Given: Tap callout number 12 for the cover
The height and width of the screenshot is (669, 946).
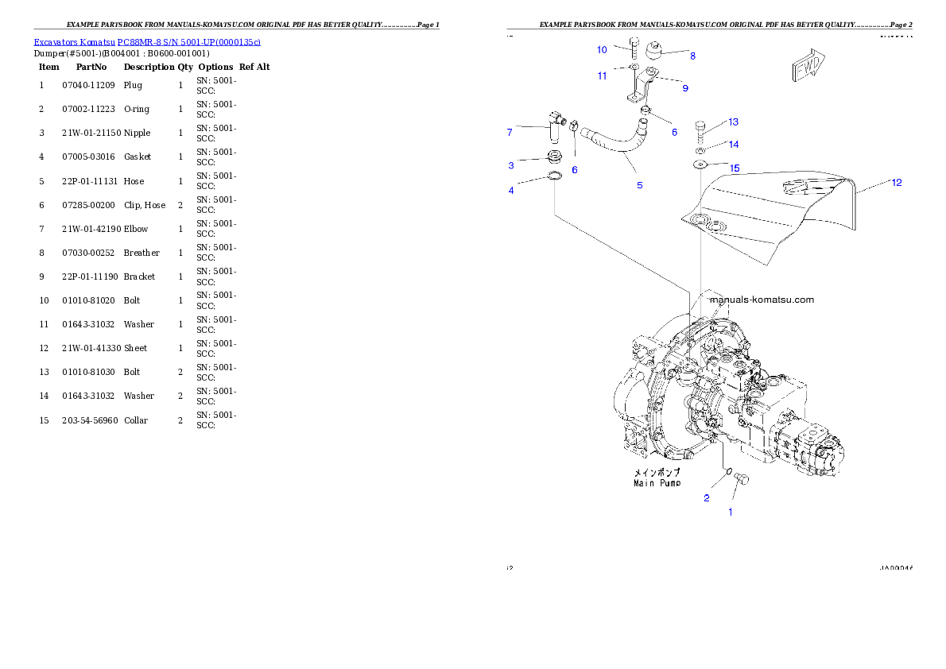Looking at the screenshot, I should coord(896,183).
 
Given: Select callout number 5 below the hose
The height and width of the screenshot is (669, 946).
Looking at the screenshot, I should coord(639,185).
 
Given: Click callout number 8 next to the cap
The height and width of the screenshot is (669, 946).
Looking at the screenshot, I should coord(692,56).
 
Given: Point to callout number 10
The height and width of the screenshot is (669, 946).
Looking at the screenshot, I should coord(602,50).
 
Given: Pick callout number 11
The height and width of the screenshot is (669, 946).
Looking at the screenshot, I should coord(603,76).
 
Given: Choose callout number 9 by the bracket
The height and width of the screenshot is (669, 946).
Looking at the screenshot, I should coord(684,88).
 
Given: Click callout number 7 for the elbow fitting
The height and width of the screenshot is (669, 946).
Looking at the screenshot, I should coord(510,133).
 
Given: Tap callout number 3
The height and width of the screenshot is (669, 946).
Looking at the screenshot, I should coord(511,165).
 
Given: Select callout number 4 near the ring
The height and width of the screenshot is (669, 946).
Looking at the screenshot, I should coord(511,191).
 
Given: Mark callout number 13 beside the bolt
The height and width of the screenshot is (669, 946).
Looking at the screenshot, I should coord(733,122).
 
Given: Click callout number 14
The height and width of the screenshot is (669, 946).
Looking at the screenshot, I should coord(733,145).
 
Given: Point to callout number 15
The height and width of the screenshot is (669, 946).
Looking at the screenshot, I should coord(735,168).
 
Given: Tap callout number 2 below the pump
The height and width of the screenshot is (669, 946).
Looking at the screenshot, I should coord(706,498).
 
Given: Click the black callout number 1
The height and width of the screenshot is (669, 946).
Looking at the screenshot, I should coord(731,512).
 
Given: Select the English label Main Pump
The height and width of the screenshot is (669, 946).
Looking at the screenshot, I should coord(657,483).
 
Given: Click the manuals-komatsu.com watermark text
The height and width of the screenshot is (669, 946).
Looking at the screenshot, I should coord(762,300).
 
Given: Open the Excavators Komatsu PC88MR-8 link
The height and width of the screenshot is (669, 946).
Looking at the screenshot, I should coord(147,41).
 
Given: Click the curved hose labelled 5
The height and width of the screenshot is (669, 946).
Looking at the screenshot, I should coord(617,146).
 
